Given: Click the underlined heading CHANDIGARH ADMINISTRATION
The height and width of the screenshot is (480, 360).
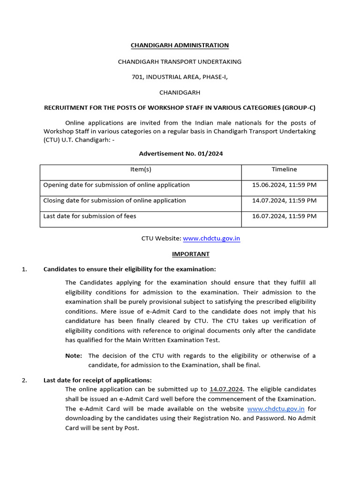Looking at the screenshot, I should [x=180, y=45].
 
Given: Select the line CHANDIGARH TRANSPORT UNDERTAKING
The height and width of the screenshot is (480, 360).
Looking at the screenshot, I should [x=180, y=61].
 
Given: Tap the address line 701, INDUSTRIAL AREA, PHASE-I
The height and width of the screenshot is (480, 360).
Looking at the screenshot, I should [x=180, y=77].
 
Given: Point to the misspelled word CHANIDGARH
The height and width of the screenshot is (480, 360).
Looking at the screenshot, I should [x=180, y=92].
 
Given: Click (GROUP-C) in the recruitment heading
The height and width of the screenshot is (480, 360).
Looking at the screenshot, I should [x=299, y=108].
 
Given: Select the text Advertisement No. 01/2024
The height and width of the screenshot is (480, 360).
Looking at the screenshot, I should [x=180, y=154].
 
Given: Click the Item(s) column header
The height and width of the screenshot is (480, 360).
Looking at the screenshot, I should [x=141, y=170].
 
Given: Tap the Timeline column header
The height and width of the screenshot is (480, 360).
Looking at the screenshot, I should [x=284, y=170].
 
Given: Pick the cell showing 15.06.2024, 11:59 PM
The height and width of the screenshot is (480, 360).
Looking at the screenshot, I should [x=284, y=185].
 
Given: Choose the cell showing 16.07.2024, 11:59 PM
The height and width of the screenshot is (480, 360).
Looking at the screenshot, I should [x=284, y=216].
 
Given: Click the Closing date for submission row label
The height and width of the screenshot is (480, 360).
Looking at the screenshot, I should [x=114, y=201].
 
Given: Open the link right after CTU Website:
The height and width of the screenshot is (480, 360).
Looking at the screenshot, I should [x=211, y=239].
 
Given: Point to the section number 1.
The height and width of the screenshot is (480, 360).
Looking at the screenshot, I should [x=24, y=269].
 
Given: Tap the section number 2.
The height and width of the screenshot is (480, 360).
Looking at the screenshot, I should [x=24, y=380].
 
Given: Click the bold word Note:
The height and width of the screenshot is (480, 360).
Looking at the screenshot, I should [x=74, y=356].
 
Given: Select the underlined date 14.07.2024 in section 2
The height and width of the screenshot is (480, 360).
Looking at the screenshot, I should [x=227, y=389].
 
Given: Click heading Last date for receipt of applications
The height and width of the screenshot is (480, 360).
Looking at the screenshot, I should [x=97, y=380].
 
